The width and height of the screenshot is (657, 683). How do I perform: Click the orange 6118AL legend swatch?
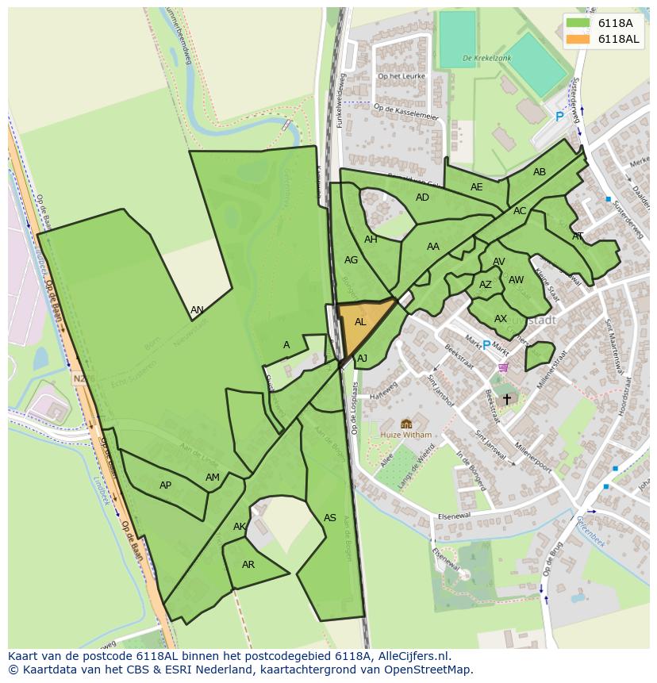[578, 39]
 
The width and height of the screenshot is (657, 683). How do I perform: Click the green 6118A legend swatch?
[578, 23]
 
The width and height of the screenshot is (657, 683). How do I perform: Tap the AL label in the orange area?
[360, 322]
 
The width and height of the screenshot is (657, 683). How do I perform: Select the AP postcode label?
[165, 485]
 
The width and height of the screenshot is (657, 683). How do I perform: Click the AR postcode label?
[248, 565]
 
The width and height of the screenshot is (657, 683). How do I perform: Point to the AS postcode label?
[330, 518]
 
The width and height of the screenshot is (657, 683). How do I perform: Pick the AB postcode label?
[540, 172]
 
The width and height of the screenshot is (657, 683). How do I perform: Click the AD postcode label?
[422, 198]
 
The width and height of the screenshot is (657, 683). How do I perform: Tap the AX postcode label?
[501, 319]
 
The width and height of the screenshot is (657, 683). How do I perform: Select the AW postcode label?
[516, 280]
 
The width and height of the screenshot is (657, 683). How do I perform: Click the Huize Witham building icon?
[406, 424]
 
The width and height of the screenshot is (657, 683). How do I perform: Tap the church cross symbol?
[507, 400]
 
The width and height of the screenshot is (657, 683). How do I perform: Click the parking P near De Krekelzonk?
[559, 117]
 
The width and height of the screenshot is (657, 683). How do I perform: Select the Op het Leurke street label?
[402, 76]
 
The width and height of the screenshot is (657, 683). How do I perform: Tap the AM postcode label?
[213, 478]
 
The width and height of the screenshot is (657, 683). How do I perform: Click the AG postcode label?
[352, 259]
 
